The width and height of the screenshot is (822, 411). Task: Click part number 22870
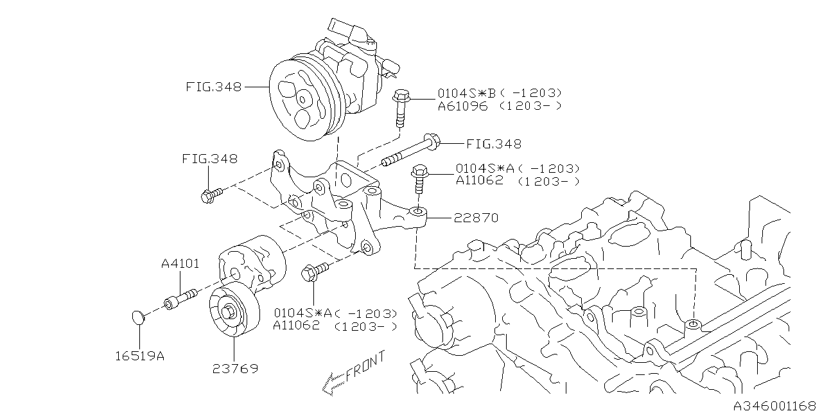tap(476, 218)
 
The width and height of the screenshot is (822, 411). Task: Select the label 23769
tap(235, 369)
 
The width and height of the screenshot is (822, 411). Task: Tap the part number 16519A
tap(140, 356)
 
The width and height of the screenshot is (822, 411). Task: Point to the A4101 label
tap(180, 263)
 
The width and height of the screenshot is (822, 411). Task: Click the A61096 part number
tap(463, 107)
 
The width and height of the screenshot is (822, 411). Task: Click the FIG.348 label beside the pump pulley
tap(214, 87)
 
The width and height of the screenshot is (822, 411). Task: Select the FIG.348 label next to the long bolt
tap(494, 144)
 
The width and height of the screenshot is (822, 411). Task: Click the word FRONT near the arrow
tap(366, 366)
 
